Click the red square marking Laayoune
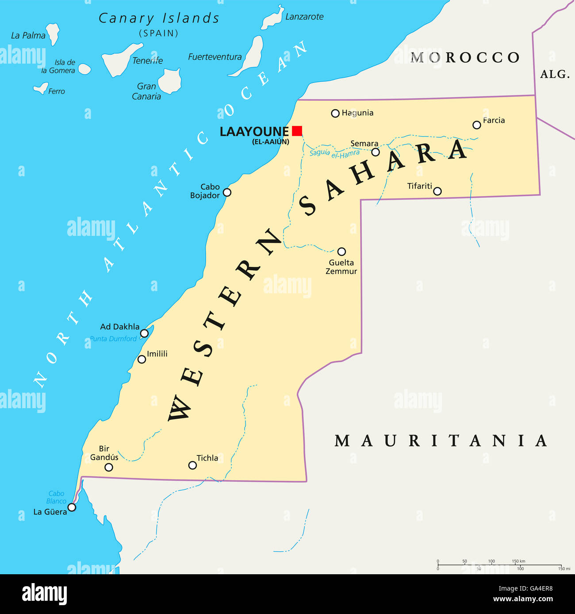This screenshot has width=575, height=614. pos(297,131)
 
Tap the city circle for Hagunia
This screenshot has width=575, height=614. pos(335,114)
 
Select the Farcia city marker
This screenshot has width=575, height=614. pos(476,125)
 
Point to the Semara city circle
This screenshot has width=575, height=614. pos(376,152)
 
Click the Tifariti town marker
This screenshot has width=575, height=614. pos(437,191)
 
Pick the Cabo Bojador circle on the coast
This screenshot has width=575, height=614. pos(227,192)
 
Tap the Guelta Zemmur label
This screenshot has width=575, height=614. pos(341,267)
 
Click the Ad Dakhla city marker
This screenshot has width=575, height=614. pos(144,333)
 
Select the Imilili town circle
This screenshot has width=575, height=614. pos(142,359)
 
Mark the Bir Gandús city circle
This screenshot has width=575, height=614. pos(109,467)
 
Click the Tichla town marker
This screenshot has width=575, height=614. pos(192,465)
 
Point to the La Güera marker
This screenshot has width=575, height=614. pos(72,507)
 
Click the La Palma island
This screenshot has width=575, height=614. pos(54,34)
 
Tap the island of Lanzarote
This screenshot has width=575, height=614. pos(272,19)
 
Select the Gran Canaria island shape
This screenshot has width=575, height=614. pos(170,81)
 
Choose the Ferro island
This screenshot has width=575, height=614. pos(41,89)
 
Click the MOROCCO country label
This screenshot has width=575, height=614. pos(465,57)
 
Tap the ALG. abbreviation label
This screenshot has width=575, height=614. pos(555,74)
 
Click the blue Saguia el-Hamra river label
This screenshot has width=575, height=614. pos(334,153)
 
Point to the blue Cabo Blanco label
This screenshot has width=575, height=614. pos(56,497)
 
